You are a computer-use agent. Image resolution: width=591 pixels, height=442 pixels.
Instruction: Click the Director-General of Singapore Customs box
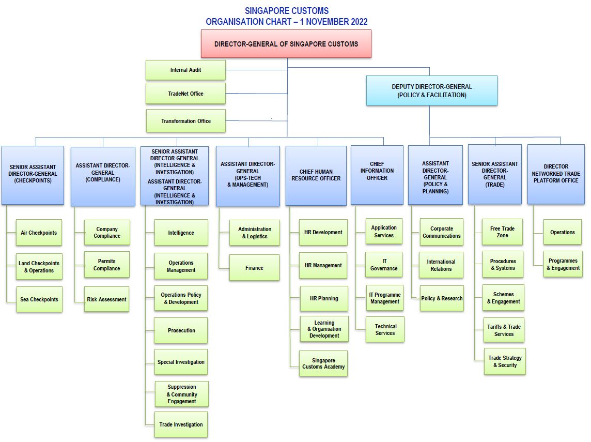click(x=286, y=44)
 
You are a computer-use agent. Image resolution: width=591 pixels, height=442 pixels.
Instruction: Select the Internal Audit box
click(x=185, y=70)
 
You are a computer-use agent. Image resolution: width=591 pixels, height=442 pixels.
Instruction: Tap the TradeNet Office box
click(x=185, y=94)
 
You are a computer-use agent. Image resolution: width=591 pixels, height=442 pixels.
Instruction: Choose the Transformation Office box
click(x=185, y=121)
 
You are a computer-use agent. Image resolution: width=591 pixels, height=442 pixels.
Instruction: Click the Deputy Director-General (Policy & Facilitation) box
click(x=432, y=91)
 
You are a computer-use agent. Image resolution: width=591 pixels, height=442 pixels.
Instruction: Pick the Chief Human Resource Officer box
click(x=316, y=175)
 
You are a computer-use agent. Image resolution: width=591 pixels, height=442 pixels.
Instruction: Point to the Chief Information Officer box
click(x=377, y=175)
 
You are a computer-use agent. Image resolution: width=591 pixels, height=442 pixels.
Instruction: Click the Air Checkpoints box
click(x=39, y=233)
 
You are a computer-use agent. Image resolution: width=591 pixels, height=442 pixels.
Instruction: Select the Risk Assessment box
click(x=106, y=299)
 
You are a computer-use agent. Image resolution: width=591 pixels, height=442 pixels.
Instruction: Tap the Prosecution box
click(x=181, y=330)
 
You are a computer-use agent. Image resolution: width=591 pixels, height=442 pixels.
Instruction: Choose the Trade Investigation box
click(x=181, y=424)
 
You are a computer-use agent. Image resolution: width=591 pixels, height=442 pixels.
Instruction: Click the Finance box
click(x=254, y=268)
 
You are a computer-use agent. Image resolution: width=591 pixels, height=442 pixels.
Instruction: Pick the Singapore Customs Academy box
click(x=323, y=363)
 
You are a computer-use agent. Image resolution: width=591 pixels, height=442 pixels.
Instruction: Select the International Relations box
click(x=441, y=265)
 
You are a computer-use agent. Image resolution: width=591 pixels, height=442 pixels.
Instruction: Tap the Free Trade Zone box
click(x=503, y=232)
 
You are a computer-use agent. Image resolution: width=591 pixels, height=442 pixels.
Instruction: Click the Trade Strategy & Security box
click(x=505, y=361)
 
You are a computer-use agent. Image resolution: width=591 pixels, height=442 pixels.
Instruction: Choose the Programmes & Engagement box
click(x=563, y=264)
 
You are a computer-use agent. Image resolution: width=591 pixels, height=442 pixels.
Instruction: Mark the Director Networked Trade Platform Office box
click(x=556, y=174)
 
